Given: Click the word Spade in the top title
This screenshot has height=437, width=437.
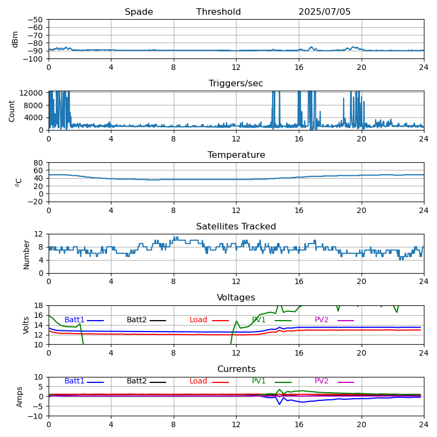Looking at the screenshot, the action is [x=139, y=12].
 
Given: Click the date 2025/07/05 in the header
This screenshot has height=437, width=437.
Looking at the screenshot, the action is [x=324, y=11].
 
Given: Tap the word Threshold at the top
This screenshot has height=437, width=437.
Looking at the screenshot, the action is [x=218, y=11].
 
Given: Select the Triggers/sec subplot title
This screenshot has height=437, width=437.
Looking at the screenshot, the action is [x=236, y=84].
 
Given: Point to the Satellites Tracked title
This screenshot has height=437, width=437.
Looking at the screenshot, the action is [x=236, y=226].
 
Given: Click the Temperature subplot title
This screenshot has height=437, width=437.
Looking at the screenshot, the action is [x=236, y=155].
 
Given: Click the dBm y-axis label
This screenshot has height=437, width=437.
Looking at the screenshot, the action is [x=15, y=39].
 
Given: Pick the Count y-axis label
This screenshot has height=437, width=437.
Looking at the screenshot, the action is [x=11, y=111].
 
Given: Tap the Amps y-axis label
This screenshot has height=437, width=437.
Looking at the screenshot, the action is [x=19, y=397].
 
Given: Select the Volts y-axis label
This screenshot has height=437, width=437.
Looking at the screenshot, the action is [x=26, y=326].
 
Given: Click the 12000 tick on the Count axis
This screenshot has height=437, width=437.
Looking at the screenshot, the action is [x=31, y=93].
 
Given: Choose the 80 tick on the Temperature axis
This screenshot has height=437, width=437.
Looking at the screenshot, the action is [x=38, y=163].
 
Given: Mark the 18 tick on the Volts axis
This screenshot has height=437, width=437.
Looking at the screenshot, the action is [x=38, y=306].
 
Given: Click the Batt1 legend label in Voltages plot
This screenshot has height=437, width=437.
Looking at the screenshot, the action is [x=74, y=320].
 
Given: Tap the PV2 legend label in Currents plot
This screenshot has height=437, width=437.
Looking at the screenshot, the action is [x=321, y=381].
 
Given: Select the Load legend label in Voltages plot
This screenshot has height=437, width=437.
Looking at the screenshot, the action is [x=198, y=320].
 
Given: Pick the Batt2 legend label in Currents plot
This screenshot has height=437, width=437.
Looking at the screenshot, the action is [x=137, y=381].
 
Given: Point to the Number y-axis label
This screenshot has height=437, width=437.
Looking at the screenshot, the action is [x=26, y=255].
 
